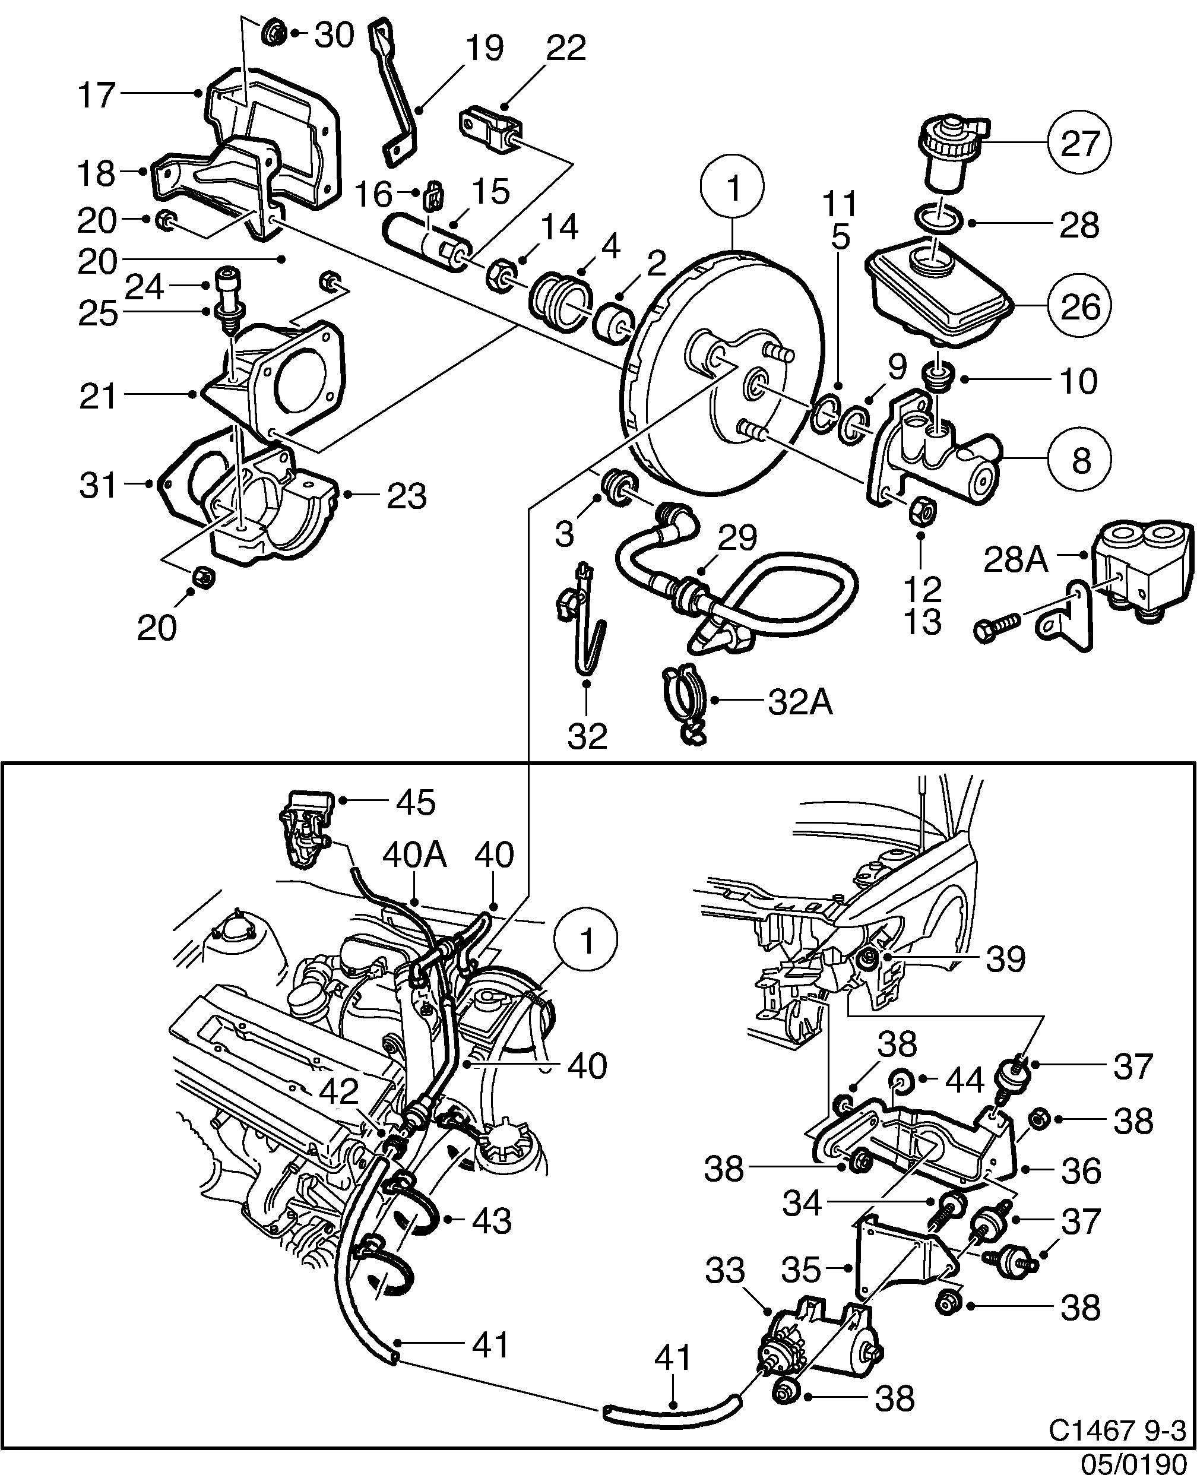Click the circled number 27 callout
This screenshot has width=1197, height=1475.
tap(1080, 144)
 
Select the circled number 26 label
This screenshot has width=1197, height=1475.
tap(1080, 305)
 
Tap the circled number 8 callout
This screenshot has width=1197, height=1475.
tap(1081, 459)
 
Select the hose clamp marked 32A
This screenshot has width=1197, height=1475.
tap(683, 704)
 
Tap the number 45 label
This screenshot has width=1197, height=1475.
tap(416, 803)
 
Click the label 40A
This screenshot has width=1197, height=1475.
tap(414, 856)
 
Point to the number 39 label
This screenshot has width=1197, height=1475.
tap(1005, 958)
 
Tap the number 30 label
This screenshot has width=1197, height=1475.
tap(334, 34)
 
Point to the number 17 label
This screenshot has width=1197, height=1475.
tap(96, 96)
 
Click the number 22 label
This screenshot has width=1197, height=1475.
tap(566, 48)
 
